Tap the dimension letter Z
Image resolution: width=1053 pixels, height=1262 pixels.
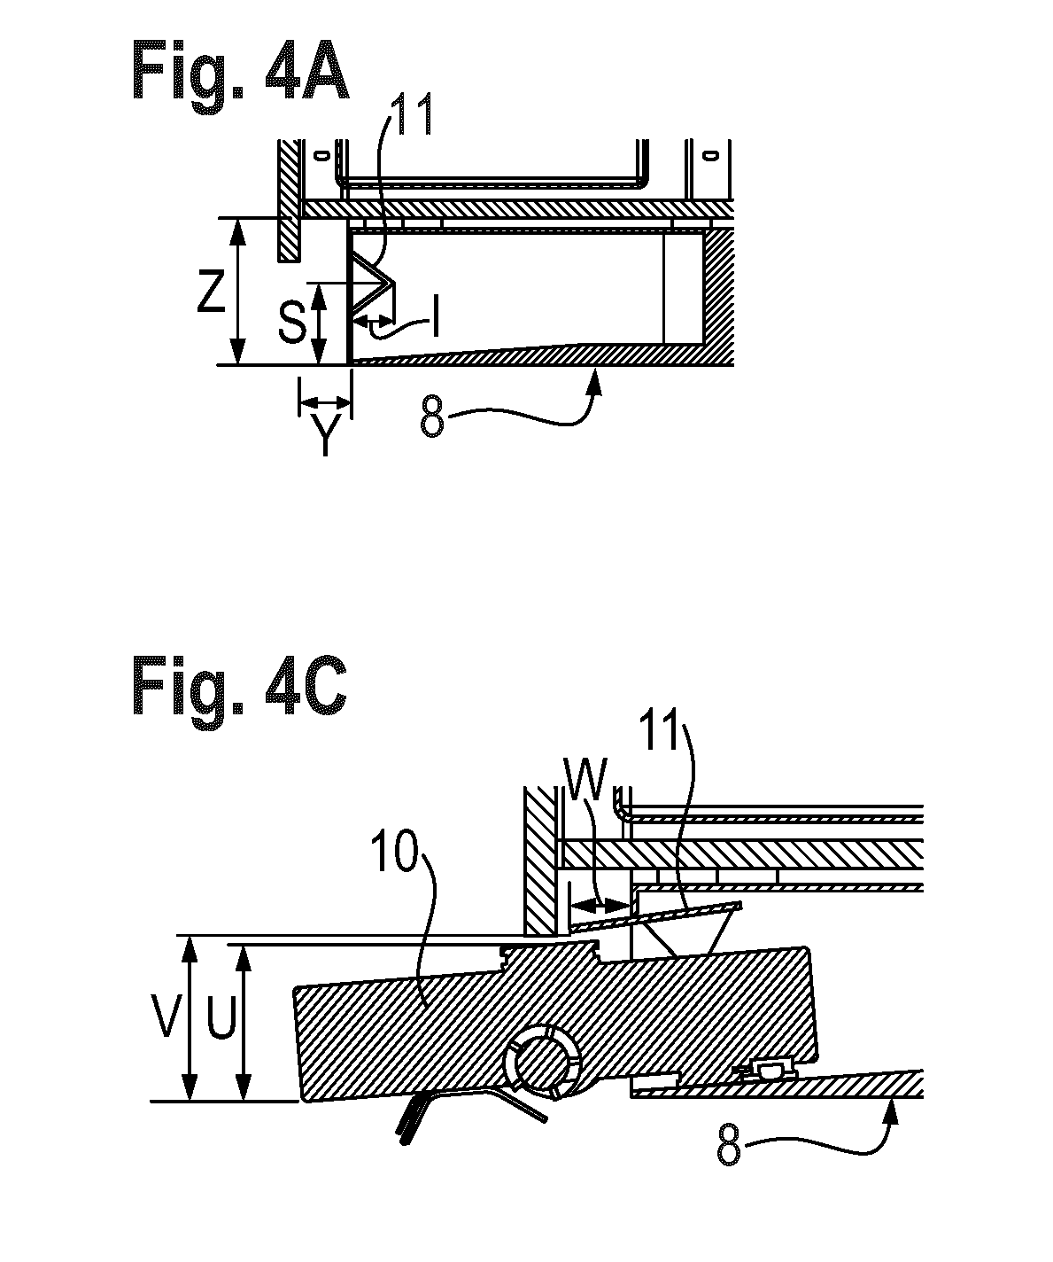click(211, 292)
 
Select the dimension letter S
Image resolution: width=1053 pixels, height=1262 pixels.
click(291, 323)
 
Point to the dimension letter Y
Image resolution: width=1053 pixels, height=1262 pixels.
click(325, 434)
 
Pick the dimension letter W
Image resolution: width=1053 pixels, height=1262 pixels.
click(584, 779)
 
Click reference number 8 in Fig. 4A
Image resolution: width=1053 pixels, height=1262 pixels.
click(431, 418)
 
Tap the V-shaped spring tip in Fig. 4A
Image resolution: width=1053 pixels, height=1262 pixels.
click(394, 282)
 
